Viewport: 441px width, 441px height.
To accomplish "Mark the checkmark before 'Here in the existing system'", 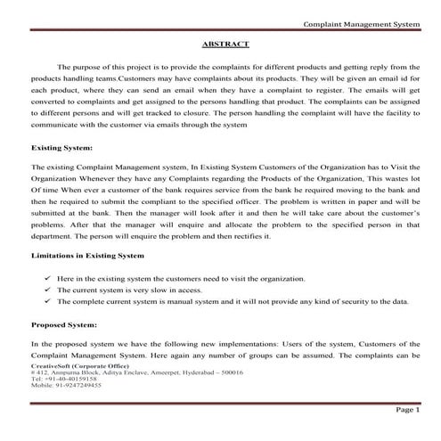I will point(47,278).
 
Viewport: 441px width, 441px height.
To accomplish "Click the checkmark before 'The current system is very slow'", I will point(47,290).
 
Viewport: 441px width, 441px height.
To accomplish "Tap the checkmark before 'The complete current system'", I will point(47,301).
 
